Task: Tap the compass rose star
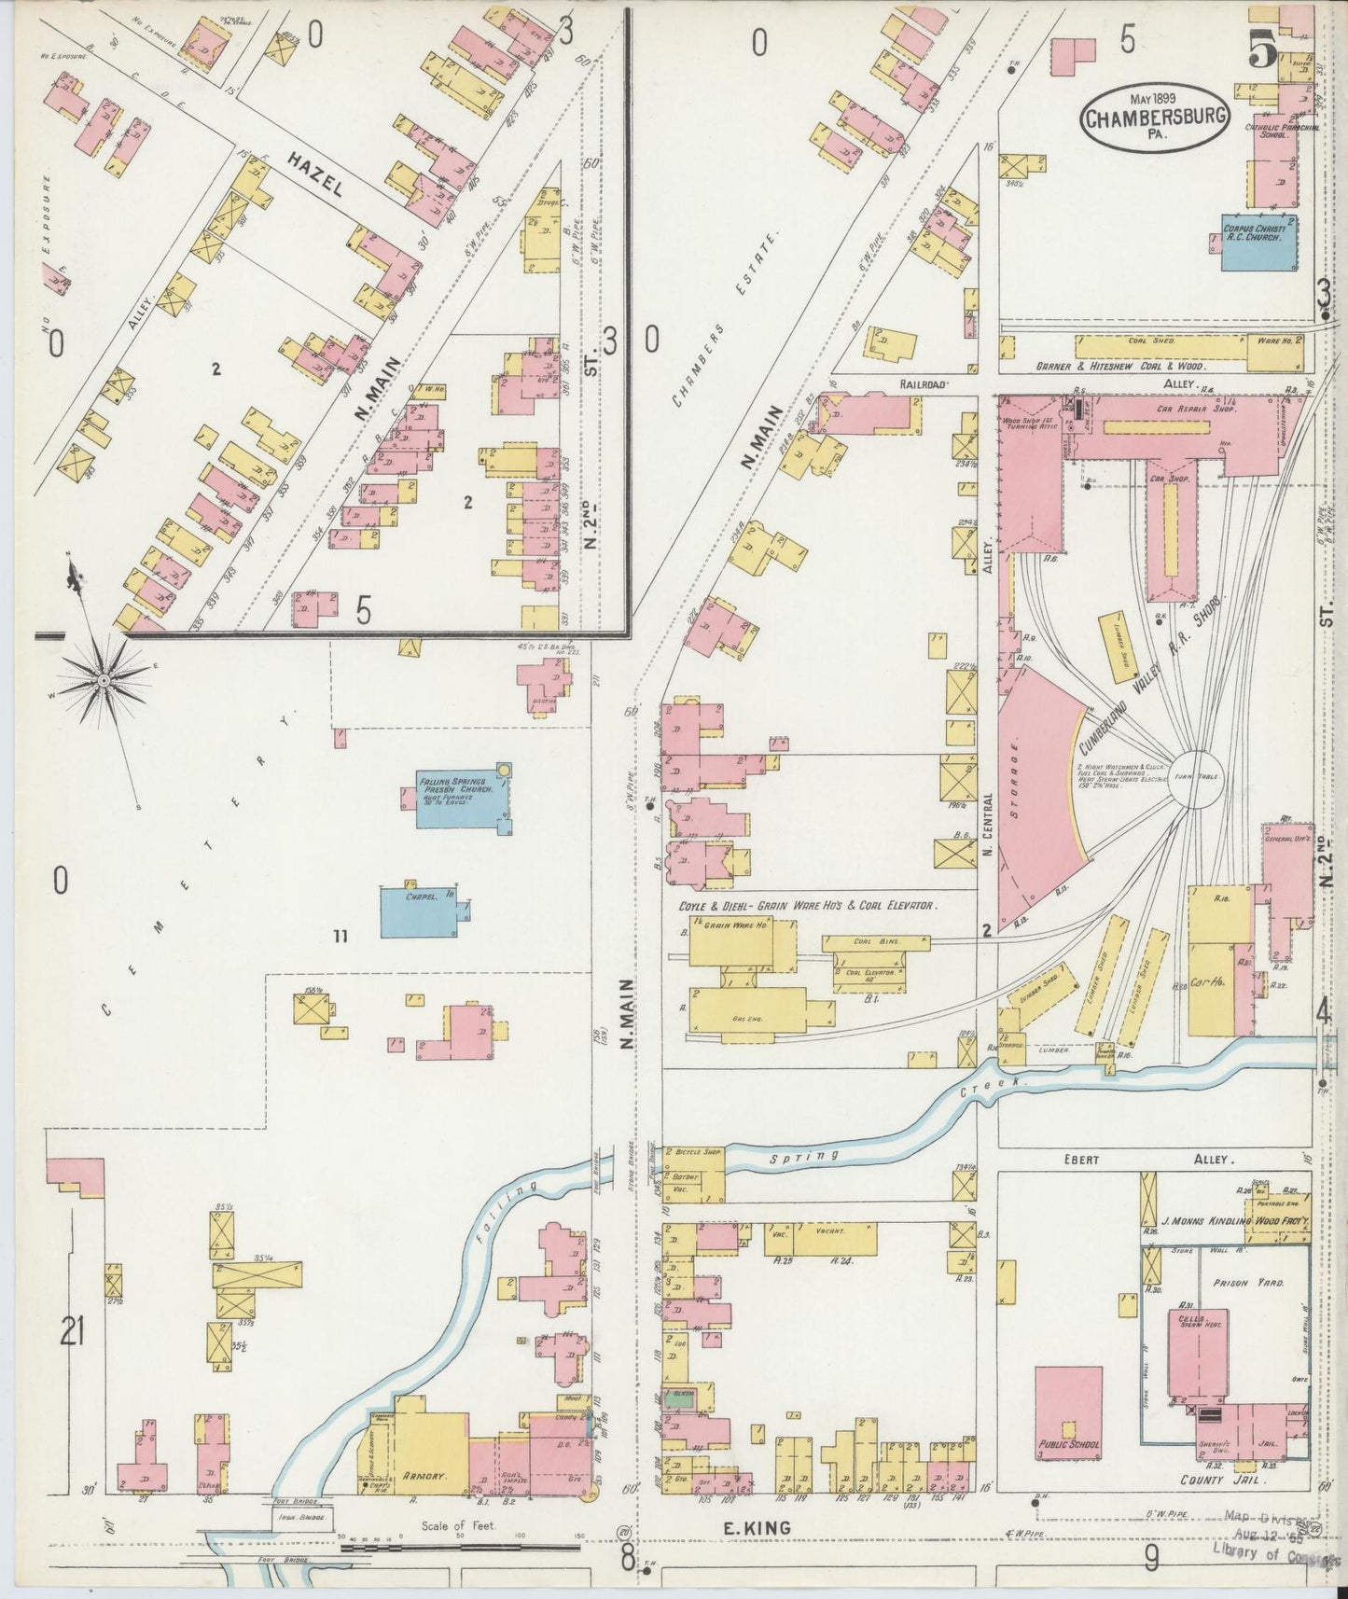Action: [101, 684]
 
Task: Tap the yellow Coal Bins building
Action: [875, 942]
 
